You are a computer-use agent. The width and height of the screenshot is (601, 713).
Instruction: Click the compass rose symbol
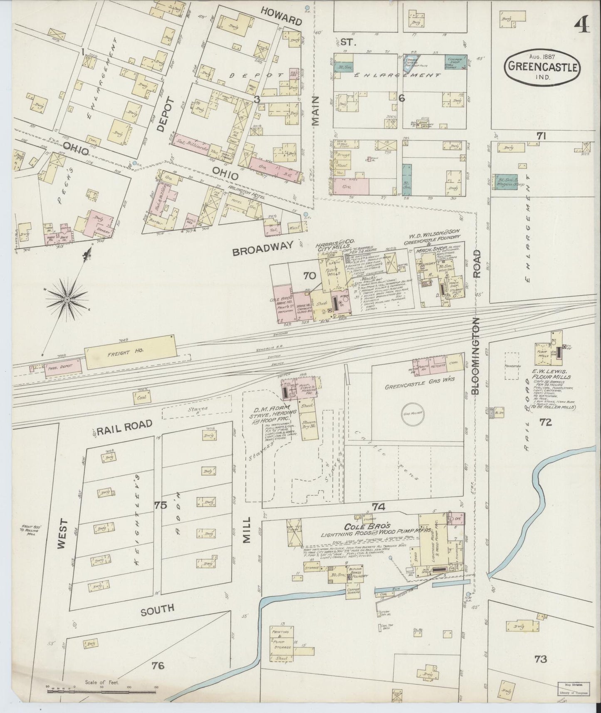(x=67, y=299)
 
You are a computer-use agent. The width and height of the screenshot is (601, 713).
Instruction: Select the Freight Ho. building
(x=131, y=352)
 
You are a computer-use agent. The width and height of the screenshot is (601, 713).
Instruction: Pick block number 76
(x=158, y=666)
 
